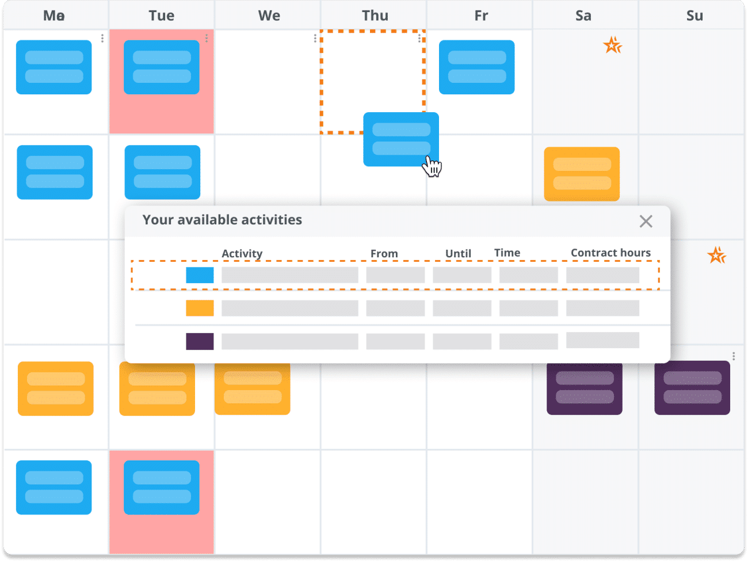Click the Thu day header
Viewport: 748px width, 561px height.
(375, 16)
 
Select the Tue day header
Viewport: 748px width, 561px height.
(161, 16)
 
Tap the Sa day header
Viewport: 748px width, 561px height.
(583, 16)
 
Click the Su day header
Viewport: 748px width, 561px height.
(694, 16)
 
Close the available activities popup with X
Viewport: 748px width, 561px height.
(646, 222)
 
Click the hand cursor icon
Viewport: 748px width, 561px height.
(432, 166)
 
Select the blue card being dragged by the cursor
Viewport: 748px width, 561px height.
(400, 139)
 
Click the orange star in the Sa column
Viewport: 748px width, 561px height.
(612, 45)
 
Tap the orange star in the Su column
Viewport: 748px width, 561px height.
(717, 255)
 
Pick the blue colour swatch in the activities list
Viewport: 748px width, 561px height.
(200, 275)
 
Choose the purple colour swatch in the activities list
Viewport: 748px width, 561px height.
(200, 341)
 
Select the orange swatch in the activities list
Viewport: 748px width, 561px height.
(200, 308)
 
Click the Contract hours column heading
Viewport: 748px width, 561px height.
(610, 253)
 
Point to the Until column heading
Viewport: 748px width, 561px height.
(458, 253)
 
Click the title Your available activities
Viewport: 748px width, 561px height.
(222, 220)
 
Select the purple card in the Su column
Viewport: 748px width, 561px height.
(692, 388)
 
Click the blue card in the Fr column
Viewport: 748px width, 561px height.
(476, 67)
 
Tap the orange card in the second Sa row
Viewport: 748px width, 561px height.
(582, 174)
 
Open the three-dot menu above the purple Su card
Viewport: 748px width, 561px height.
(733, 356)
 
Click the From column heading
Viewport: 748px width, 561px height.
(384, 253)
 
